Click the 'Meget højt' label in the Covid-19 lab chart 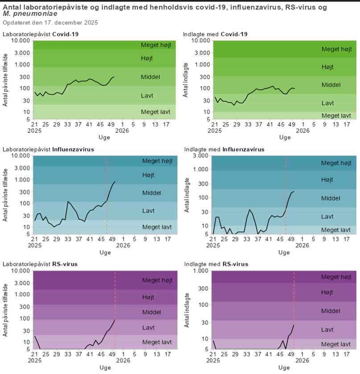[156, 45]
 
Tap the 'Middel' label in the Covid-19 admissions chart [331, 85]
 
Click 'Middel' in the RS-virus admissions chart [331, 311]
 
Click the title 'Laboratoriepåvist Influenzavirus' [48, 150]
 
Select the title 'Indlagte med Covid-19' [215, 34]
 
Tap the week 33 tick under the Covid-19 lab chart [67, 124]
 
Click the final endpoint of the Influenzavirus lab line [115, 182]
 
